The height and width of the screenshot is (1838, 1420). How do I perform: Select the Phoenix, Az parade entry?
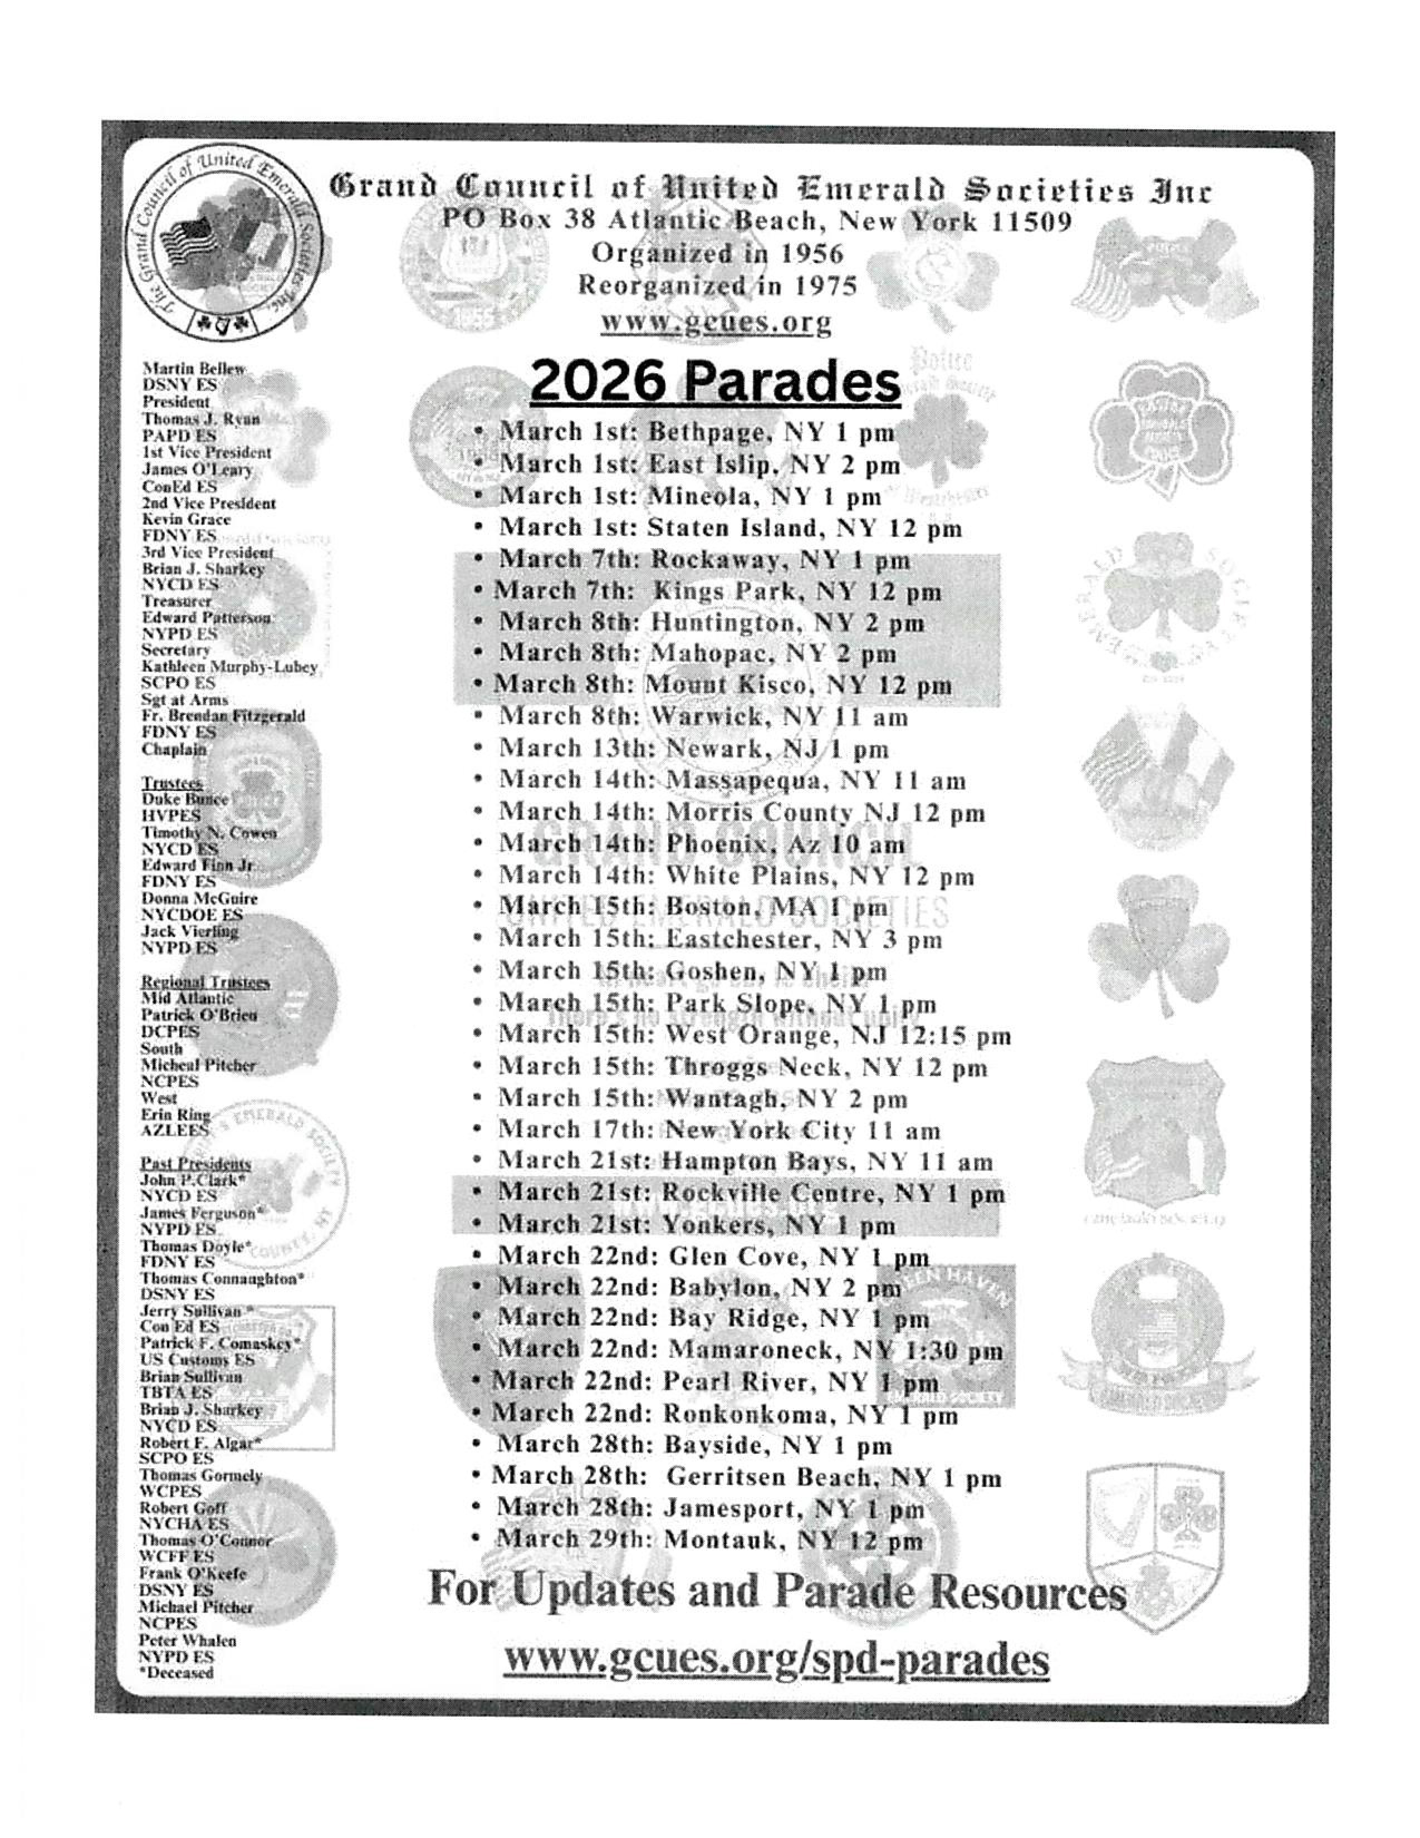[702, 844]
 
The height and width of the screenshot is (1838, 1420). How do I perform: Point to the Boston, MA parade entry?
[693, 908]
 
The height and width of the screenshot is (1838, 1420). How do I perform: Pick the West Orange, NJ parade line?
[755, 1036]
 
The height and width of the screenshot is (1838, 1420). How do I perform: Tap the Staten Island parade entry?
[730, 529]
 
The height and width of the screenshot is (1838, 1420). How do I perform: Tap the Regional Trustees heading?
[205, 982]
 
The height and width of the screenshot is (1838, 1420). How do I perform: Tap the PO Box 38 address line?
[757, 221]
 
